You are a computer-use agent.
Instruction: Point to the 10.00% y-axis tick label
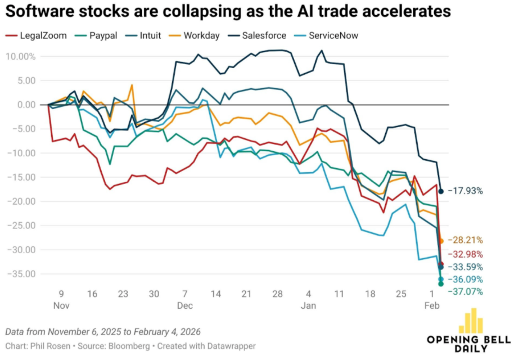(x=21, y=56)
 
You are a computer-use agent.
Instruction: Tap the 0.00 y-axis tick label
(x=25, y=105)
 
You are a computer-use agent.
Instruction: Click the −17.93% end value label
(x=464, y=191)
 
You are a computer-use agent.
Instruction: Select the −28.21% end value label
(x=464, y=240)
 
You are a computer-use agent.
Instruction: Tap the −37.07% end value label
(x=464, y=291)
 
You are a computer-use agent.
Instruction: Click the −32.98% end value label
(x=464, y=254)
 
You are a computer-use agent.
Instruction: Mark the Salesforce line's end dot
(x=441, y=191)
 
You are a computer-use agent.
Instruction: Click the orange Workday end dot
(x=441, y=241)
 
